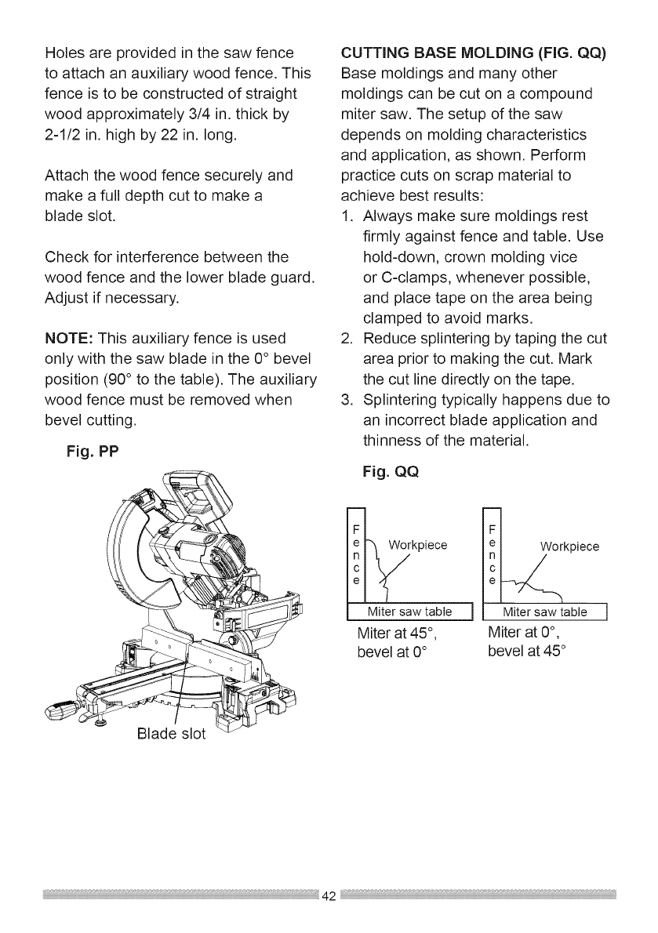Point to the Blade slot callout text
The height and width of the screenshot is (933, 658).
(x=169, y=734)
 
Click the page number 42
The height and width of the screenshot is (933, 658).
(x=329, y=895)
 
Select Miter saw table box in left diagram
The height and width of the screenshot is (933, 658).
(x=411, y=612)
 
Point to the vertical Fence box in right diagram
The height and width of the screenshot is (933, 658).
(x=493, y=553)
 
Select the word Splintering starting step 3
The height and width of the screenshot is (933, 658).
(x=406, y=400)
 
